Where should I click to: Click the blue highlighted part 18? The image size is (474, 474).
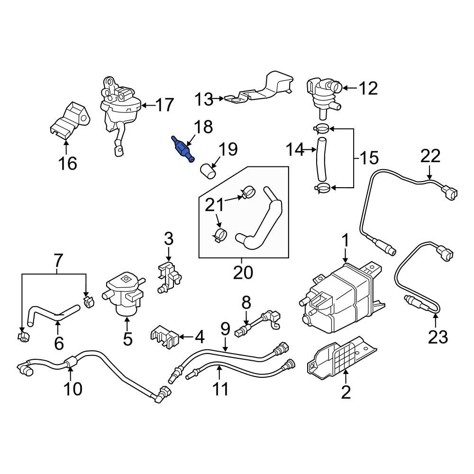pos(182,149)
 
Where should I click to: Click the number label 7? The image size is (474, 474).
pos(57,260)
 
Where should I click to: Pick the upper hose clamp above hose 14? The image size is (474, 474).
pos(322,128)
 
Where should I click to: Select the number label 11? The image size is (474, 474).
pos(220,389)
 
